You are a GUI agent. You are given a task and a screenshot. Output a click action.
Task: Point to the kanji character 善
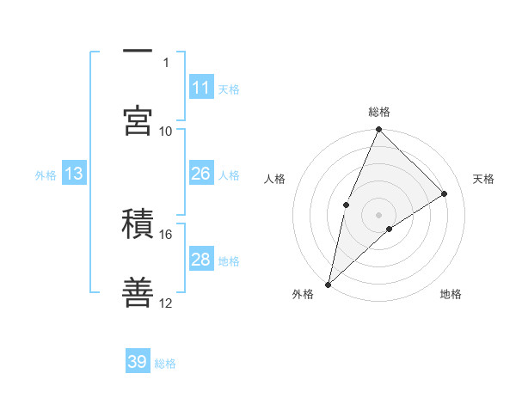click(x=138, y=292)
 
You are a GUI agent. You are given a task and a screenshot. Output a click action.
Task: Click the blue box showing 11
click(x=201, y=88)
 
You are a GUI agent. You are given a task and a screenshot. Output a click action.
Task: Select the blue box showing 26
click(x=201, y=174)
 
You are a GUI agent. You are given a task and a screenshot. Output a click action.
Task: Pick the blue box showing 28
click(x=201, y=260)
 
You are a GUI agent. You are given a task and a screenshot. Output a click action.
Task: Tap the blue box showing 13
click(x=74, y=174)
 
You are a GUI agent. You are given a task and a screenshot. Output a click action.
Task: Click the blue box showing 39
click(x=138, y=362)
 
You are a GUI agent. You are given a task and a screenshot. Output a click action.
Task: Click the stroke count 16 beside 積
click(x=166, y=234)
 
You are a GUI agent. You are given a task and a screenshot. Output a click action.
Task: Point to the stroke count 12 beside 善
click(x=166, y=303)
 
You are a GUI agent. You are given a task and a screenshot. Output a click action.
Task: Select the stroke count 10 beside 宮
click(x=166, y=131)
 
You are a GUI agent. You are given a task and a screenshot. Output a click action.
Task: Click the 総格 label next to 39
click(x=165, y=363)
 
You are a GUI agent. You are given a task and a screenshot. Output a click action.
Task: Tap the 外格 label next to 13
click(x=46, y=174)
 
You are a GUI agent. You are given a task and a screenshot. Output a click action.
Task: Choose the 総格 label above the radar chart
click(x=379, y=112)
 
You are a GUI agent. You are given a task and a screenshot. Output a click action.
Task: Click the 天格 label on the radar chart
click(x=484, y=179)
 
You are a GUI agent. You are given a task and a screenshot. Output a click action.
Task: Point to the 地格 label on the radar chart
click(x=451, y=294)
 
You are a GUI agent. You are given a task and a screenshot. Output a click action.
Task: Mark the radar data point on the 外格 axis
click(x=328, y=284)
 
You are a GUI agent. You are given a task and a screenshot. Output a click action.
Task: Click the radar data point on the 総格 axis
click(x=379, y=131)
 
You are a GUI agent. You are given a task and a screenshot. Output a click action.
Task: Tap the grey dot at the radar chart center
click(x=379, y=213)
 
